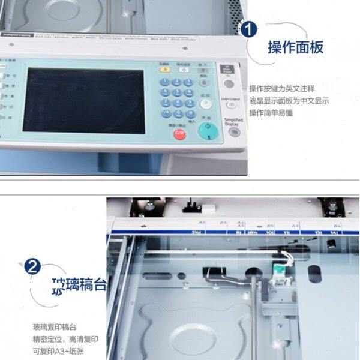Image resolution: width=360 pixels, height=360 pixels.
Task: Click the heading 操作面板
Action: [x=295, y=47]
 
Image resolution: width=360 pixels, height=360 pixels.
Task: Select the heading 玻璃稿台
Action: [x=79, y=284]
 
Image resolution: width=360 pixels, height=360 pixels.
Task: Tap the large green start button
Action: [x=208, y=128]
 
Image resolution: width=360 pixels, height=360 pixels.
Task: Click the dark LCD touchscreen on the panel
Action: [x=83, y=100]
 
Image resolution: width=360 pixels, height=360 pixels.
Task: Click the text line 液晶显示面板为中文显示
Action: [x=289, y=101]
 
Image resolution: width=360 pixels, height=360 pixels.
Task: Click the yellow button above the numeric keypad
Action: [x=164, y=70]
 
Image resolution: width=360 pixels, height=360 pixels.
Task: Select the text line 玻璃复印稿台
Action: [x=55, y=327]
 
